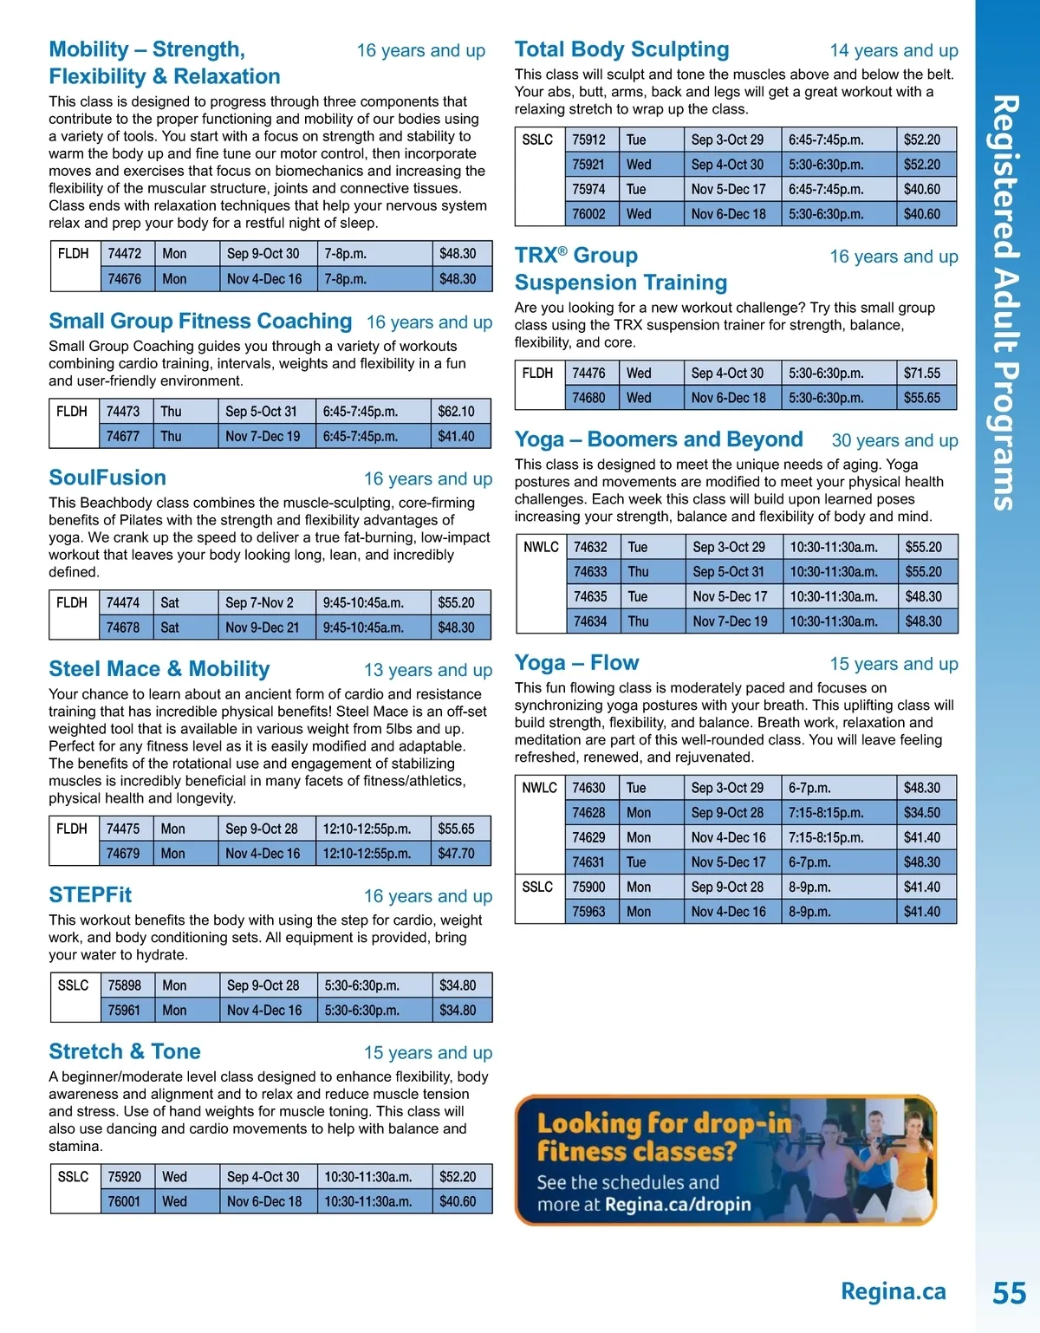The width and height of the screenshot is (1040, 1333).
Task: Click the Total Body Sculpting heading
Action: click(x=621, y=49)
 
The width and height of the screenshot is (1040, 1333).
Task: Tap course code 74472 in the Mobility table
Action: click(x=124, y=254)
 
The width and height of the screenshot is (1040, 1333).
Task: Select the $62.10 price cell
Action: click(x=456, y=412)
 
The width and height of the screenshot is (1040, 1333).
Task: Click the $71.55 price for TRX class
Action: click(x=921, y=374)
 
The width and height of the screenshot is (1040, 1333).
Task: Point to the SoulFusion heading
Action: click(x=107, y=478)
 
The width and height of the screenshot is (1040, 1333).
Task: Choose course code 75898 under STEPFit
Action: click(x=124, y=985)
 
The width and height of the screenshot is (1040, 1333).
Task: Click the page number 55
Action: click(x=1009, y=1293)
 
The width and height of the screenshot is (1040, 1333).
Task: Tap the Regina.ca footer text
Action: click(x=893, y=1292)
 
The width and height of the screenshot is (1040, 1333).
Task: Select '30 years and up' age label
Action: click(x=894, y=441)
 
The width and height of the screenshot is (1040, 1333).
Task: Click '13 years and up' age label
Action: click(x=427, y=670)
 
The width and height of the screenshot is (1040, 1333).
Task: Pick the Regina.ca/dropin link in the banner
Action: click(x=678, y=1205)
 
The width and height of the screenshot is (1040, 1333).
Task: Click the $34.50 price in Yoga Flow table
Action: click(x=921, y=813)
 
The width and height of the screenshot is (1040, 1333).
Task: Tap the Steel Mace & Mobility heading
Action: click(x=159, y=669)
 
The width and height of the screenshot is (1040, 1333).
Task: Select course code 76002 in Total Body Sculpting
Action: click(x=588, y=214)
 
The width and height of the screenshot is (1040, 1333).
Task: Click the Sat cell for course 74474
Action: click(x=170, y=603)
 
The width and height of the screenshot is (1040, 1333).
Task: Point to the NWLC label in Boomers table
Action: click(x=541, y=548)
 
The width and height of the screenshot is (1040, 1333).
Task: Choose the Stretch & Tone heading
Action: click(x=125, y=1051)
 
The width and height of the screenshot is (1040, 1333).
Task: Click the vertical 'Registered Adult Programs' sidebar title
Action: click(x=1004, y=302)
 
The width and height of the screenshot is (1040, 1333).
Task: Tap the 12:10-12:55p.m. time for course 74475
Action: click(x=367, y=829)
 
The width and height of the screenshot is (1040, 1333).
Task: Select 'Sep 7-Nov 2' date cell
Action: click(x=259, y=603)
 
